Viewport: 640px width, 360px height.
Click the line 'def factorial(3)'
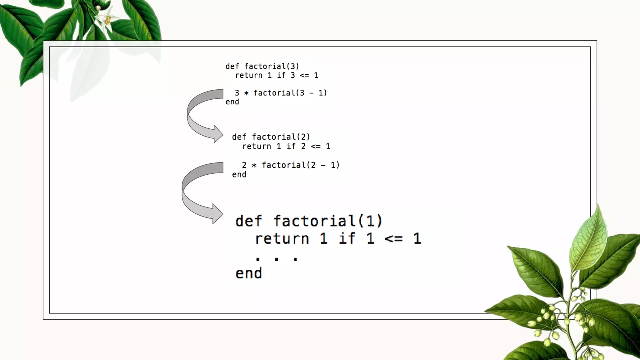tap(262, 66)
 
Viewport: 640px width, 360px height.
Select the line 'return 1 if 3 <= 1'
tap(277, 75)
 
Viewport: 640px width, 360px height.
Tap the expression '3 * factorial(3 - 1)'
tap(281, 93)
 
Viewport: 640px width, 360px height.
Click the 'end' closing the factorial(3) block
tap(232, 102)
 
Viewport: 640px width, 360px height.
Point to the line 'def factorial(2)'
tap(271, 137)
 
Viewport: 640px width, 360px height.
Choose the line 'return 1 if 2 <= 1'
tap(286, 146)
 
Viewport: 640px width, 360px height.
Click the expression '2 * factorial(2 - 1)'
tap(290, 165)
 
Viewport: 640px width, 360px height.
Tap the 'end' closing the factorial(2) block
tap(239, 175)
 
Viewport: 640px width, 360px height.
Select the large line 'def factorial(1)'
tap(309, 221)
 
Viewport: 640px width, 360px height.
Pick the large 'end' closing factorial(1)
tap(249, 273)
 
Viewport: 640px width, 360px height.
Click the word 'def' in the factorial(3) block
tap(232, 66)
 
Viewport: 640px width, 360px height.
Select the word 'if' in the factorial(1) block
tap(347, 239)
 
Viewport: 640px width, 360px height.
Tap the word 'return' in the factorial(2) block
tap(257, 146)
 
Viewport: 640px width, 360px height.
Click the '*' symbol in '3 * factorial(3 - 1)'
tap(246, 93)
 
